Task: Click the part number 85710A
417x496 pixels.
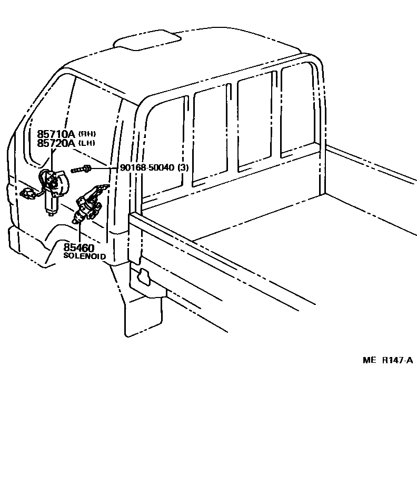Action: click(x=56, y=134)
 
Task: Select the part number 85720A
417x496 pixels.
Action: click(x=56, y=143)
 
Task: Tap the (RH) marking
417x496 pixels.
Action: click(x=87, y=134)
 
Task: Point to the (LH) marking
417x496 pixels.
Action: click(x=87, y=143)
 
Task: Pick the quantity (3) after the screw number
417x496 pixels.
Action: click(x=183, y=167)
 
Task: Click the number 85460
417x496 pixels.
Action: click(x=79, y=247)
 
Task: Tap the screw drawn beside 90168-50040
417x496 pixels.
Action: click(x=80, y=169)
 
